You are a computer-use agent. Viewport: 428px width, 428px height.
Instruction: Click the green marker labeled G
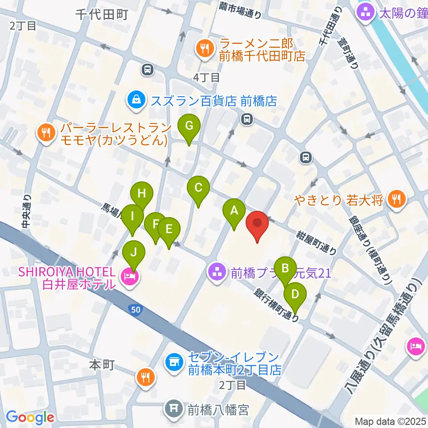[x=189, y=127]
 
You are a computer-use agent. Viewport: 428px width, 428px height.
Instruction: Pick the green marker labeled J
[x=134, y=251]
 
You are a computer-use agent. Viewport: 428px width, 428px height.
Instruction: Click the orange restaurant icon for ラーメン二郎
[x=205, y=49]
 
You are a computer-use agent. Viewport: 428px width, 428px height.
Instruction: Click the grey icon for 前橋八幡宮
[x=173, y=408]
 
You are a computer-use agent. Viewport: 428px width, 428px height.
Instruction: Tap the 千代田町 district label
[x=102, y=14]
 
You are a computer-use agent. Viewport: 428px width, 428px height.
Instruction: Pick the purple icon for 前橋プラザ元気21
[x=218, y=273]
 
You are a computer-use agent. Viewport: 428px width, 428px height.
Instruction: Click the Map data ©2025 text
[x=391, y=421]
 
